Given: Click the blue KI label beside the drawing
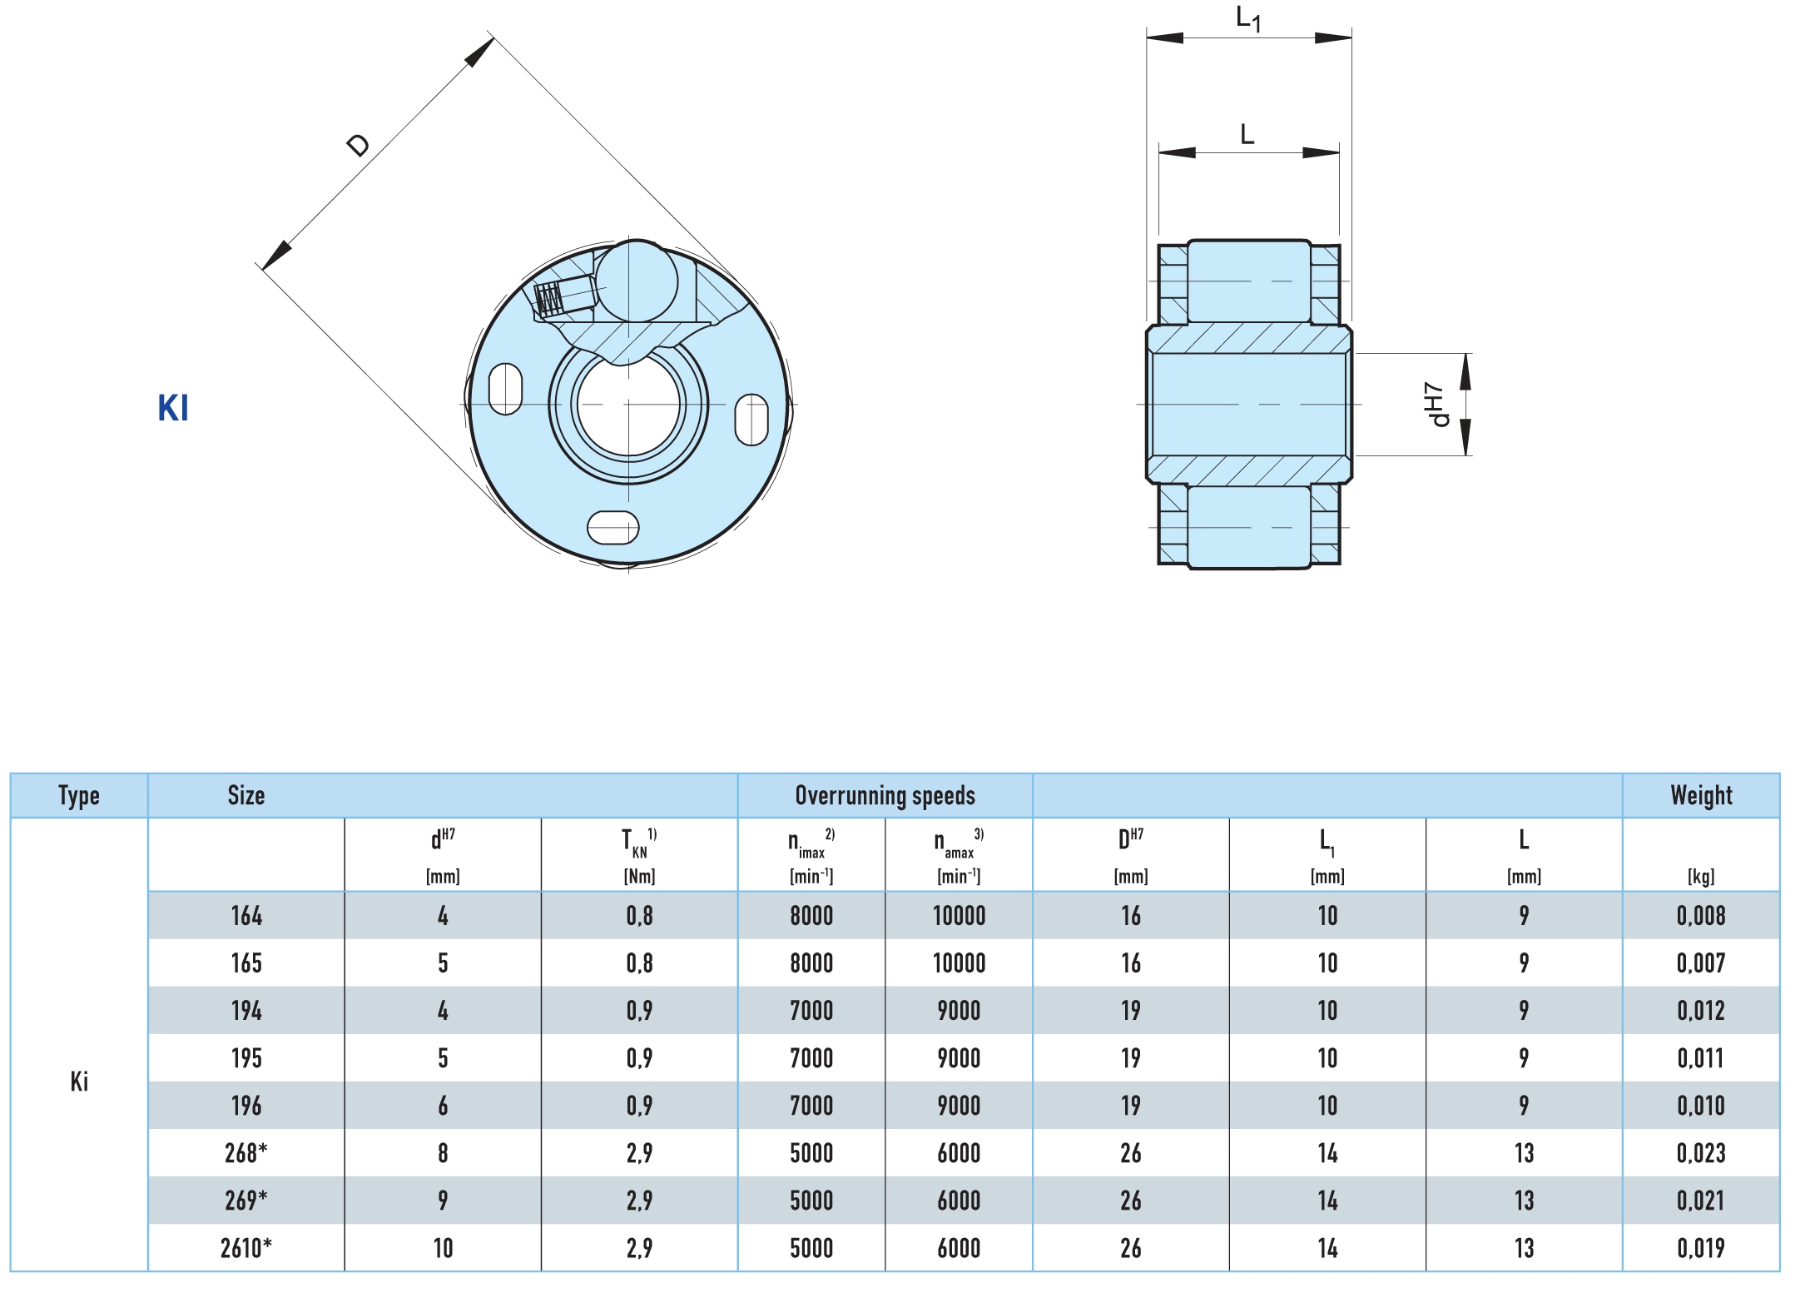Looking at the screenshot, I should tap(173, 408).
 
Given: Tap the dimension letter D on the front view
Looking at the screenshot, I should tap(358, 145).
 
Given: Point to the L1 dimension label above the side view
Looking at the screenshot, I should tap(1248, 18).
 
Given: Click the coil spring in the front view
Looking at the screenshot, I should tap(549, 297).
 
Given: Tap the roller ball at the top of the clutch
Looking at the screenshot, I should tap(637, 281).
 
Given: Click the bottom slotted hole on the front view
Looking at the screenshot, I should tap(613, 527).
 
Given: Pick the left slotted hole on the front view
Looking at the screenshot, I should tap(505, 389).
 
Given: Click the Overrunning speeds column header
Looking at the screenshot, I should tap(885, 795).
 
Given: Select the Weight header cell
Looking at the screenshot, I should tap(1701, 795).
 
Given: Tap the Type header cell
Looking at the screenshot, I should tap(79, 795).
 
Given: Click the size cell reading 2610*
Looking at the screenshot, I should tap(246, 1248).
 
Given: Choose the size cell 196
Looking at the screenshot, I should tap(246, 1106).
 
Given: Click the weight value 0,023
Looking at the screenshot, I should tap(1701, 1153).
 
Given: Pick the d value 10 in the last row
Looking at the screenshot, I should tap(443, 1248).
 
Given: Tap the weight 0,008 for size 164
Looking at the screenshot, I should tap(1701, 916).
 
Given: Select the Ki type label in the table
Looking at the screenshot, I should tap(79, 1082).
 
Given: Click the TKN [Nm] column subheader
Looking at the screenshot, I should tap(639, 854).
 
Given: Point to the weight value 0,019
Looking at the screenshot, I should tap(1701, 1248).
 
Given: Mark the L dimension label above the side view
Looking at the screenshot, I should tap(1247, 134).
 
